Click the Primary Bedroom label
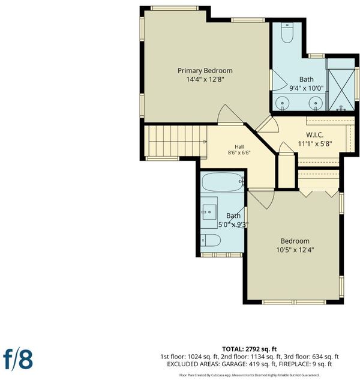click(x=205, y=70)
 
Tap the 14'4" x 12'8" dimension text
click(x=205, y=79)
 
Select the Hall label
click(x=239, y=146)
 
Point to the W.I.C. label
click(x=314, y=134)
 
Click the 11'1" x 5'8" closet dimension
click(x=314, y=143)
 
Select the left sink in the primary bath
click(x=283, y=103)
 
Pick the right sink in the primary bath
click(x=316, y=103)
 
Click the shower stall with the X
click(x=341, y=89)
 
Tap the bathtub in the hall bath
click(x=223, y=182)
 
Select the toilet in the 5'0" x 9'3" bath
click(x=211, y=240)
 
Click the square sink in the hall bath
click(x=210, y=212)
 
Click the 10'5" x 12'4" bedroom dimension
click(x=295, y=250)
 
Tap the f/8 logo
click(x=18, y=360)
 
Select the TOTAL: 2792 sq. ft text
click(x=249, y=349)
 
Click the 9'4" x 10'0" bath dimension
click(x=307, y=88)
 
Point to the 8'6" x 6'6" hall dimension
click(x=239, y=152)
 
